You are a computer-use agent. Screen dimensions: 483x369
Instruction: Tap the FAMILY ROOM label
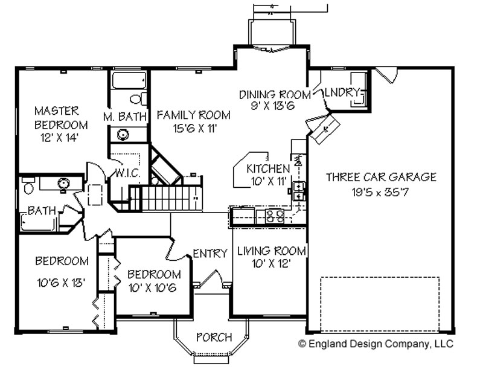pyautogui.click(x=193, y=115)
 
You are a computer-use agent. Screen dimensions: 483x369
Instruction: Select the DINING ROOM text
pyautogui.click(x=275, y=94)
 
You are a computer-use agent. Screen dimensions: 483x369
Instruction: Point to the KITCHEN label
pyautogui.click(x=268, y=168)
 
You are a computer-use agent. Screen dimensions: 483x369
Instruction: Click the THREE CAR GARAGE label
pyautogui.click(x=381, y=177)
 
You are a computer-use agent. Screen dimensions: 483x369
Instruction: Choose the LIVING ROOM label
pyautogui.click(x=271, y=251)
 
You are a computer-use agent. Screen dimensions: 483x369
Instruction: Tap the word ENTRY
pyautogui.click(x=210, y=254)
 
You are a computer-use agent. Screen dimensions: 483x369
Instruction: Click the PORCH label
pyautogui.click(x=214, y=337)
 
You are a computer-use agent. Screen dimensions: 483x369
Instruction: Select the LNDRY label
pyautogui.click(x=342, y=92)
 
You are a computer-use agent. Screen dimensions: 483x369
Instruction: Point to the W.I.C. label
pyautogui.click(x=128, y=173)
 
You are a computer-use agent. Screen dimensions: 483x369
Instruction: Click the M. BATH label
pyautogui.click(x=124, y=117)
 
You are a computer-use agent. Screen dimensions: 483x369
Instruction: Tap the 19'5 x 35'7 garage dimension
pyautogui.click(x=380, y=193)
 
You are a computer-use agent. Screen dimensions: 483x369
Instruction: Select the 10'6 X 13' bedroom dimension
pyautogui.click(x=61, y=283)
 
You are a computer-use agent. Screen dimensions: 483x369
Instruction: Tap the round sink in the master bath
pyautogui.click(x=123, y=135)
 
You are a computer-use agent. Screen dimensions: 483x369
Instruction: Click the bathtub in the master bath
pyautogui.click(x=128, y=80)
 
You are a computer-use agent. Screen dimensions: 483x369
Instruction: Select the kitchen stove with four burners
pyautogui.click(x=274, y=216)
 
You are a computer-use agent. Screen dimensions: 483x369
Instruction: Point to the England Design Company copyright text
pyautogui.click(x=376, y=344)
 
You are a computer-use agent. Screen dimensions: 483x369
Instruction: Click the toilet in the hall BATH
pyautogui.click(x=28, y=187)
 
